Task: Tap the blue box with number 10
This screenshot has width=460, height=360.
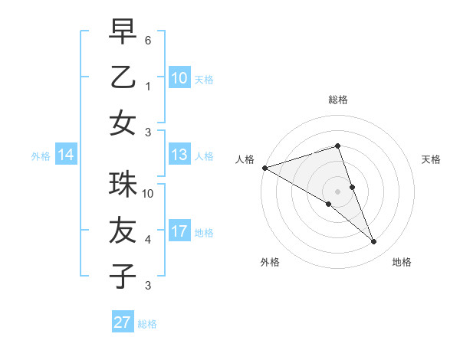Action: (x=179, y=78)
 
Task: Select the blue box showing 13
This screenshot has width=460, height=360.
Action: (x=179, y=155)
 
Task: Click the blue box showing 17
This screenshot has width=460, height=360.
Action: (x=179, y=231)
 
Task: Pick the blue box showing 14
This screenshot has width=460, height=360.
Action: (x=66, y=155)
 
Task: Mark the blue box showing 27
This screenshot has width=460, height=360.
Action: (x=123, y=322)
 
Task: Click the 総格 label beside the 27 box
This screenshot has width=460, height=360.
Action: (x=148, y=323)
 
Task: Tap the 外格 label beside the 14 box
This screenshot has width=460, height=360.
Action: (x=41, y=156)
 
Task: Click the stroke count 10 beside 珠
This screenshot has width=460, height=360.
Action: (x=148, y=193)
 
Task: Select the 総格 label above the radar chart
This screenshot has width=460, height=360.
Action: (x=337, y=100)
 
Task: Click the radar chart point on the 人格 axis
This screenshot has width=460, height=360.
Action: (x=264, y=168)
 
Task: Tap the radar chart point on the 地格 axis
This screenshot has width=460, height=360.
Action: (x=373, y=242)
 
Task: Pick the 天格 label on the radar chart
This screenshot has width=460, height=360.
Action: (x=431, y=159)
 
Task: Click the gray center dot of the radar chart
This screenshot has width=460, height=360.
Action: (x=337, y=191)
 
